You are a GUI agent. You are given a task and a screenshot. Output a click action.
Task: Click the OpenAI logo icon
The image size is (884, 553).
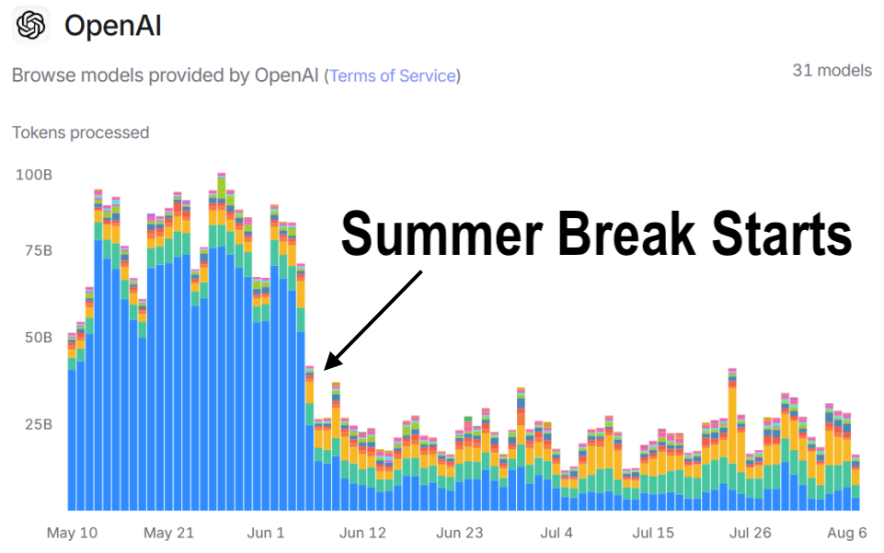(30, 26)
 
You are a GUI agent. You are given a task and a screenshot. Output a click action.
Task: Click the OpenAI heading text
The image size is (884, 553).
(113, 26)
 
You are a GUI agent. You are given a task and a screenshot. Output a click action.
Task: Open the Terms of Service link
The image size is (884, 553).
(393, 75)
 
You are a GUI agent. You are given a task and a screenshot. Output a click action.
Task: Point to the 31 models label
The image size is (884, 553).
(832, 71)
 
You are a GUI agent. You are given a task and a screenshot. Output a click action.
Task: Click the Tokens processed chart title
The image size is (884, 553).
(81, 132)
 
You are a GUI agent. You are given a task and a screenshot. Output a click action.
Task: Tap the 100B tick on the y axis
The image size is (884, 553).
(34, 175)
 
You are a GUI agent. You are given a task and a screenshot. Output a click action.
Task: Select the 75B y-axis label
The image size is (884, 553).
(39, 250)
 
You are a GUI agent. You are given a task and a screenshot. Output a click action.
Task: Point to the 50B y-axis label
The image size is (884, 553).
(39, 337)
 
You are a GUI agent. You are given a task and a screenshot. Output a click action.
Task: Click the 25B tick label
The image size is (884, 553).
(39, 424)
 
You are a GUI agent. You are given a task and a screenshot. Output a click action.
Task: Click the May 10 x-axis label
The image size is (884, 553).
(72, 533)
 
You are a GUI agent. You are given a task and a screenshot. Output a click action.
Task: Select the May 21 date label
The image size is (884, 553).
(168, 533)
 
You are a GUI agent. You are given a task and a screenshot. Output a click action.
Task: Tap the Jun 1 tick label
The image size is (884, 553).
(266, 533)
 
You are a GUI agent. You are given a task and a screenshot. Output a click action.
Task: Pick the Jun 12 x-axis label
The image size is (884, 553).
(362, 533)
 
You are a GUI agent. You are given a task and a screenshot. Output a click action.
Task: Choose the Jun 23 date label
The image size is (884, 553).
(459, 533)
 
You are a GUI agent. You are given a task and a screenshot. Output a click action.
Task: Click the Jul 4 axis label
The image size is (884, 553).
(557, 533)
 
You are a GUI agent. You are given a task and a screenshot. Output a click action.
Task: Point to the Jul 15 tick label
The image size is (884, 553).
(653, 533)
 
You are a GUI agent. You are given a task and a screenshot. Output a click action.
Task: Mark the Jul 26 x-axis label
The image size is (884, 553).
(750, 533)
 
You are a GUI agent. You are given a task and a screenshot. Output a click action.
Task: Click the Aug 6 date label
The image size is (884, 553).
(847, 533)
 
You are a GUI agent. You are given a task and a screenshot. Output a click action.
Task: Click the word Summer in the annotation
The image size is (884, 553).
(442, 234)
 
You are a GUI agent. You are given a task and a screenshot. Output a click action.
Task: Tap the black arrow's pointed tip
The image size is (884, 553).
(325, 370)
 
